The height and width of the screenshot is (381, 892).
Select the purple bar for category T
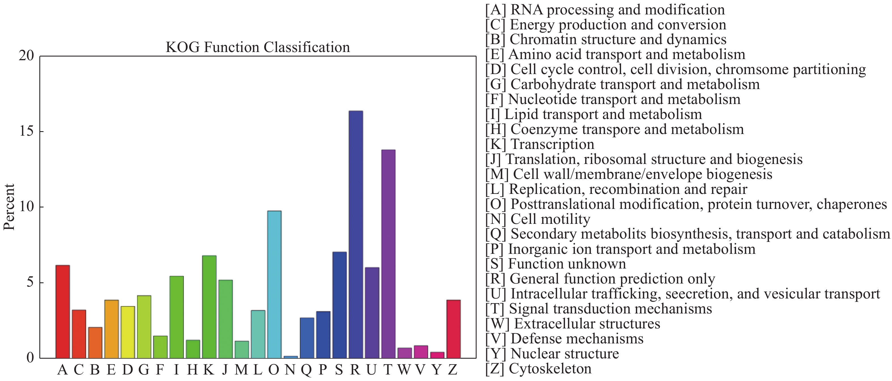point(388,254)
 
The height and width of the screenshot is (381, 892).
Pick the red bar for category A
point(63,311)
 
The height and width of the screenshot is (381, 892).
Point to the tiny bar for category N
point(291,357)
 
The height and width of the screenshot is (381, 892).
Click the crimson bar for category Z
point(453,329)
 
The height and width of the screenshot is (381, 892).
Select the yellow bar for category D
point(128,332)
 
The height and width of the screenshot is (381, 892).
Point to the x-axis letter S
point(339,370)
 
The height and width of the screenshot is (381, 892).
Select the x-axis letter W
point(404,370)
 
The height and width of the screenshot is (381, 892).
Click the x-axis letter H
point(193,370)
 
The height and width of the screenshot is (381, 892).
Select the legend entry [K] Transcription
point(539,144)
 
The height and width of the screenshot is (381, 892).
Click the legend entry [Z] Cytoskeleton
point(538,369)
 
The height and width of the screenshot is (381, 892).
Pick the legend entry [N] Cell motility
point(537,219)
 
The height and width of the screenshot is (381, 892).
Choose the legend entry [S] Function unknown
point(555,264)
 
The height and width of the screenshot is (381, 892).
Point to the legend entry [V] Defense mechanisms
point(564,339)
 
